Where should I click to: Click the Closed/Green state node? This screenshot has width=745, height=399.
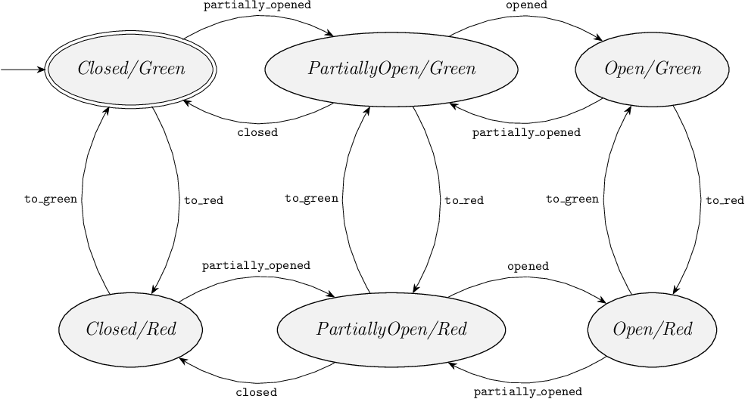130,70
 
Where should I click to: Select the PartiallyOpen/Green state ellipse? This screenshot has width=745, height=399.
391,70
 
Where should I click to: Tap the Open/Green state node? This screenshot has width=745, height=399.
652,70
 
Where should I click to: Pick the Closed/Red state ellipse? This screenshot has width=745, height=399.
130,329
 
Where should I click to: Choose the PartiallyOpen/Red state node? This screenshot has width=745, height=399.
391,329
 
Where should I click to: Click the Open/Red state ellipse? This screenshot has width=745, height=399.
652,329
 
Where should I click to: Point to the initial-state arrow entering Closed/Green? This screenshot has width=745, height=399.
23,70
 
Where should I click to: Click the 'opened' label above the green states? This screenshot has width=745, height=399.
526,5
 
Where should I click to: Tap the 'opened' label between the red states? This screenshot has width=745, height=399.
528,266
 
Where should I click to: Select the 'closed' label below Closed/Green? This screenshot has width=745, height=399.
257,132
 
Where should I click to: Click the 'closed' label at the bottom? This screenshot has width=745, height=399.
257,392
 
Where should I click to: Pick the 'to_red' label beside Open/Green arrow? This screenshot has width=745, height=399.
725,200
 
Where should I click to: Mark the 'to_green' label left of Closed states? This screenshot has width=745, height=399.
51,199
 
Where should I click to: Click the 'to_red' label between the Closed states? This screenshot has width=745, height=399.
204,200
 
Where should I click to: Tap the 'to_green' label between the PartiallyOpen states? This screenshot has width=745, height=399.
311,199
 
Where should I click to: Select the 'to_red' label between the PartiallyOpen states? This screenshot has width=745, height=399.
464,200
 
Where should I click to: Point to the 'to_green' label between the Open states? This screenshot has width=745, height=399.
572,199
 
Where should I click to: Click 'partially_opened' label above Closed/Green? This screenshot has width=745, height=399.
257,5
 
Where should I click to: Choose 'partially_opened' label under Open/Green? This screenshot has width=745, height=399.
526,132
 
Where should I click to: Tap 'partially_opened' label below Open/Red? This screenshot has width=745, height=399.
528,391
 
